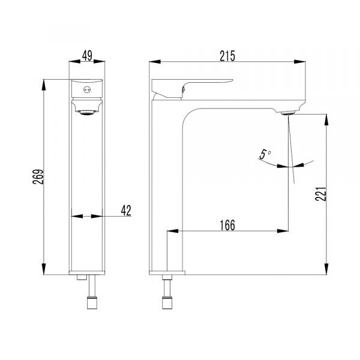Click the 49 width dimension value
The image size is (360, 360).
pos(87,56)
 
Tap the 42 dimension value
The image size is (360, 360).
pos(126,211)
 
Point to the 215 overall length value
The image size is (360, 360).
pos(227,56)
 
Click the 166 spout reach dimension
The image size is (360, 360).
pos(227,225)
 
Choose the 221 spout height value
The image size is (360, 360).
pos(320,194)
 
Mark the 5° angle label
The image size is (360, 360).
pos(265,154)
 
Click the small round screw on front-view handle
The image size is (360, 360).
pos(87,89)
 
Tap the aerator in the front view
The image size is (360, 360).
pos(87,113)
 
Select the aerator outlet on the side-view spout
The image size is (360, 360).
pos(288,113)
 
